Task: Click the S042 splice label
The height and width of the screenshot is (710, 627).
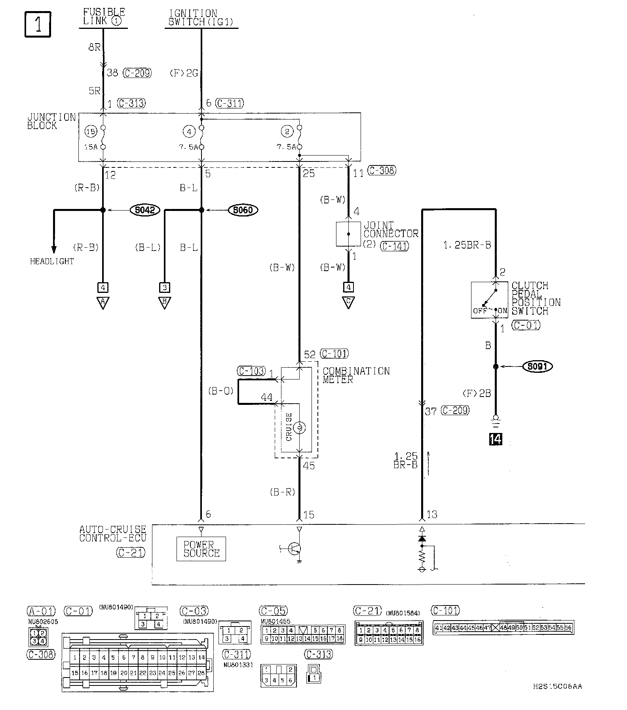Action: (x=144, y=210)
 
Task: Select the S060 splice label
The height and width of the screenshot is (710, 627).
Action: (x=243, y=210)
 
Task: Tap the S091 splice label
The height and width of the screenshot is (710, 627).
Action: (x=537, y=366)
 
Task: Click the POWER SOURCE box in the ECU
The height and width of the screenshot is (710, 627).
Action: (x=201, y=549)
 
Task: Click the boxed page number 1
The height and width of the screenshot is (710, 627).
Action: (x=38, y=24)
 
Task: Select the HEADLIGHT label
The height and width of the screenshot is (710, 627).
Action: (x=52, y=261)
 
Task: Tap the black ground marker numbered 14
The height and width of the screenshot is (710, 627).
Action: (x=496, y=439)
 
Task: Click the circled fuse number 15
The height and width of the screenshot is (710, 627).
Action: (x=91, y=131)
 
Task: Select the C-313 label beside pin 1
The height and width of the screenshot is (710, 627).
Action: (x=131, y=104)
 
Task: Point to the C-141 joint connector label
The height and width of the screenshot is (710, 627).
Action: (x=394, y=246)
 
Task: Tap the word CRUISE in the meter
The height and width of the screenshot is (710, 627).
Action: (x=289, y=427)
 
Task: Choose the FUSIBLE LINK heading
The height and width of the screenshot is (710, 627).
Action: (x=103, y=17)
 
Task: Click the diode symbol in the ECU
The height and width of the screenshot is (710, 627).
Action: (x=422, y=539)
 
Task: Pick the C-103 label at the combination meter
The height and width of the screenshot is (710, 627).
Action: (x=251, y=371)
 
